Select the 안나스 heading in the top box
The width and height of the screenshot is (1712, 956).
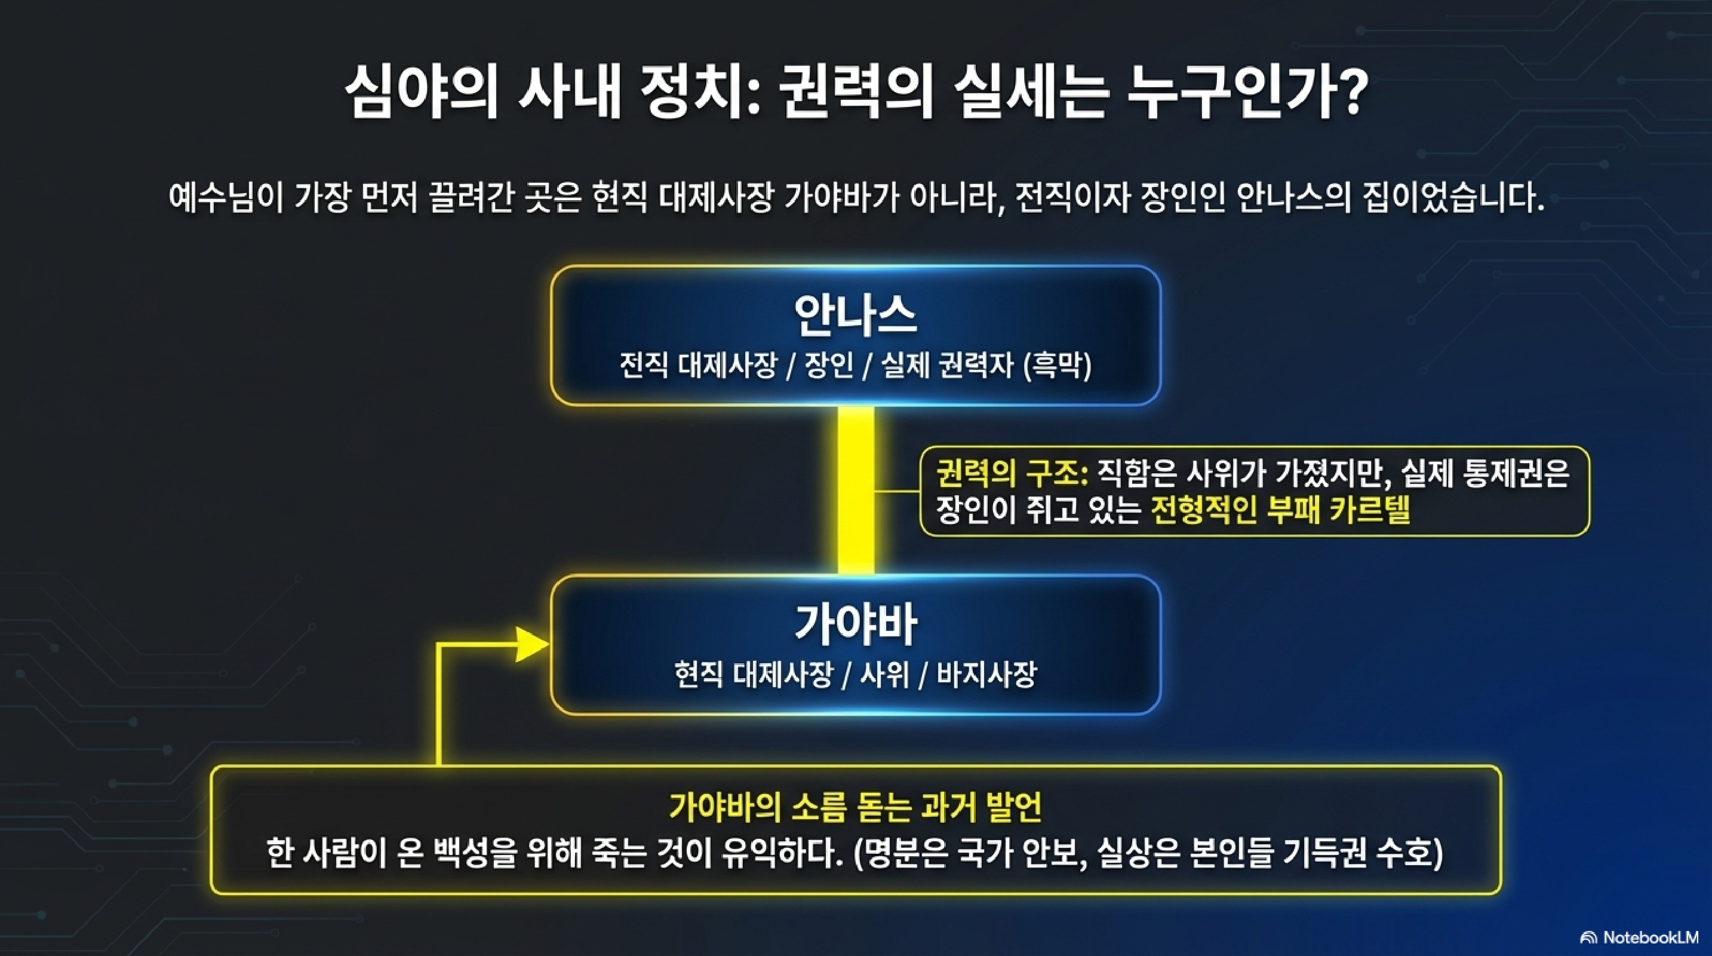tap(855, 315)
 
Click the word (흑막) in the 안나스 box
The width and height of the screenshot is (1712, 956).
tap(1058, 365)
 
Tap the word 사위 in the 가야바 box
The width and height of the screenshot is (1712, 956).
tap(884, 674)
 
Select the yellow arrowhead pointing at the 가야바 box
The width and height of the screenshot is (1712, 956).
tap(531, 644)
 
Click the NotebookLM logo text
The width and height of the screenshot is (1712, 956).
tap(1651, 937)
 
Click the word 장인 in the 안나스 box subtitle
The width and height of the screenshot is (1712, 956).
tap(829, 365)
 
